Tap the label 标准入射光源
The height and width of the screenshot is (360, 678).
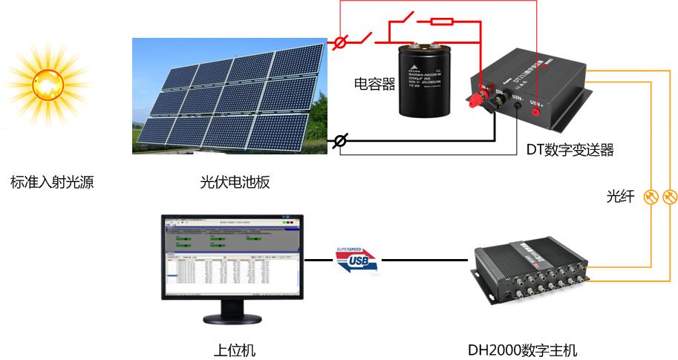point(52,182)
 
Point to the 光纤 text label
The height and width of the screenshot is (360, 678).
point(621,197)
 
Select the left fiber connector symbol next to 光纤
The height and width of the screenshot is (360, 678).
point(651,197)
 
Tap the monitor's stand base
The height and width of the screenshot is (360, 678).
point(232,320)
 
